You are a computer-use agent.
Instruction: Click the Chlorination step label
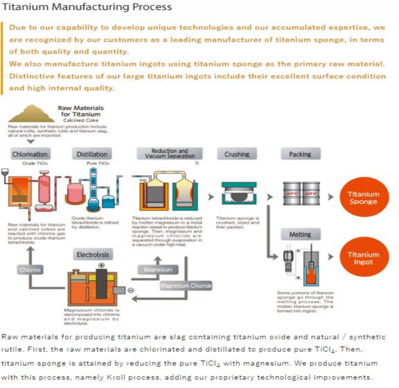coord(30,154)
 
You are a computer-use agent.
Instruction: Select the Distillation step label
coord(92,154)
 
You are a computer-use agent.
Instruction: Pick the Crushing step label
coord(236,154)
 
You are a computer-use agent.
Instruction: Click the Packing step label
coord(300,154)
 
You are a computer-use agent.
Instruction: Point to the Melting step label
coord(300,235)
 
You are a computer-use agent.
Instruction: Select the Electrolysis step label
coord(93,255)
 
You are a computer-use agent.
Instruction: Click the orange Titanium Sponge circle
coord(363,198)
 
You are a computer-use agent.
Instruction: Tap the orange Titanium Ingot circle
coord(363,258)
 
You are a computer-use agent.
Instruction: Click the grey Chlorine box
coord(31,270)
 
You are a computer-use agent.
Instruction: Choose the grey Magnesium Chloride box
coord(185,286)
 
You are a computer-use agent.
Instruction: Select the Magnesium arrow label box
coord(158,270)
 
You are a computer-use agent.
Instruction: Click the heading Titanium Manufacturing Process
coord(87,7)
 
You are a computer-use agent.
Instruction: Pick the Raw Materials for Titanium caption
coord(80,112)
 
